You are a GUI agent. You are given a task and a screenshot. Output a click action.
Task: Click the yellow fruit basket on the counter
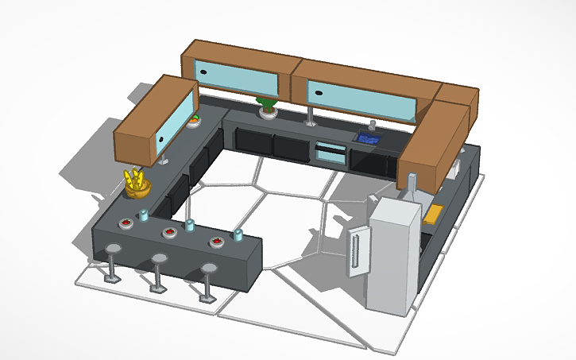pyautogui.click(x=137, y=184)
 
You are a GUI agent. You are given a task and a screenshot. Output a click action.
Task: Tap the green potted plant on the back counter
pyautogui.click(x=269, y=106)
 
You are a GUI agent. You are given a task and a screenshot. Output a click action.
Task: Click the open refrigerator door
pyautogui.click(x=359, y=250)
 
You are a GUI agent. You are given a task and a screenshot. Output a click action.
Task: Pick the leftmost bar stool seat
pyautogui.click(x=114, y=249)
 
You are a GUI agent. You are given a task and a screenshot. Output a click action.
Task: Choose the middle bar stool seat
pyautogui.click(x=160, y=259)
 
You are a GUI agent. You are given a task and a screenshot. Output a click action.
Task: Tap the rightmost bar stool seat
pyautogui.click(x=209, y=269)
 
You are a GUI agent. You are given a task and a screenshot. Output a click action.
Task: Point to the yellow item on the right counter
pyautogui.click(x=435, y=213)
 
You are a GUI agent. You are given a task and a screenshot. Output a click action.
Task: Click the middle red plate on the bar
pyautogui.click(x=169, y=232)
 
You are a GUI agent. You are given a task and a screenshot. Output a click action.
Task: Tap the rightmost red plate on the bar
pyautogui.click(x=216, y=242)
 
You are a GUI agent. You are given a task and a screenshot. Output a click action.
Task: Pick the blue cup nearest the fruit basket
pyautogui.click(x=144, y=215)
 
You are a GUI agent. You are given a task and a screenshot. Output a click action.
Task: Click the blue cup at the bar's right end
pyautogui.click(x=238, y=234)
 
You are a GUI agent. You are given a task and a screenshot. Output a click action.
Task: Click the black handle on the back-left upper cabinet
pyautogui.click(x=204, y=72)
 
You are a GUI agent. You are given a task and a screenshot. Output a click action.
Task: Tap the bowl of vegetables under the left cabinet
pyautogui.click(x=194, y=120)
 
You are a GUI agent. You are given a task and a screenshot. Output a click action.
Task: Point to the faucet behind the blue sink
pyautogui.click(x=371, y=126)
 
